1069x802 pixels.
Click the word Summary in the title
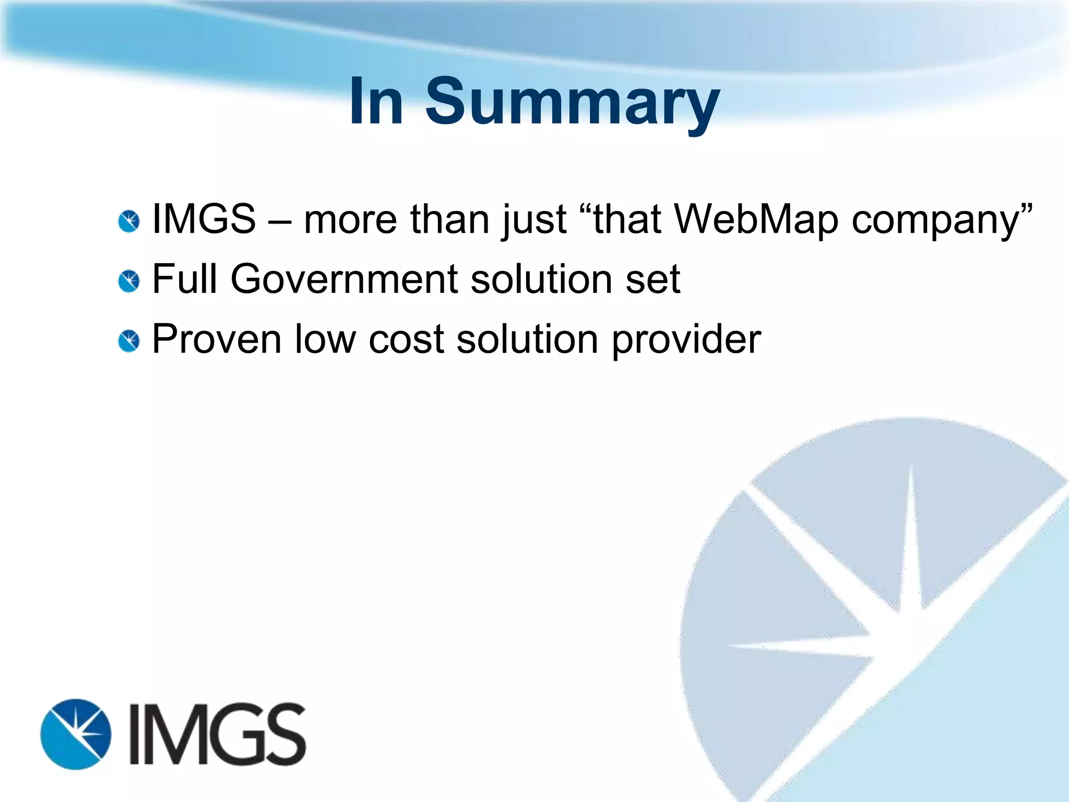click(x=573, y=102)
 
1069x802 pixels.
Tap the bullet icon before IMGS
click(x=129, y=221)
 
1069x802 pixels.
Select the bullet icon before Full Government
click(x=129, y=281)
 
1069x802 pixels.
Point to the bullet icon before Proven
click(x=129, y=341)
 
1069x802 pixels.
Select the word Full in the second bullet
click(x=184, y=279)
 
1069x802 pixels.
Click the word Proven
click(x=217, y=339)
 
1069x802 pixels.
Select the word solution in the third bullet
click(x=527, y=339)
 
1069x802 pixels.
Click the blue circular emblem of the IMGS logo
click(x=76, y=734)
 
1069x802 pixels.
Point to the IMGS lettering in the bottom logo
click(x=217, y=734)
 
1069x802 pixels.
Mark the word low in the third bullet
click(x=325, y=339)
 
